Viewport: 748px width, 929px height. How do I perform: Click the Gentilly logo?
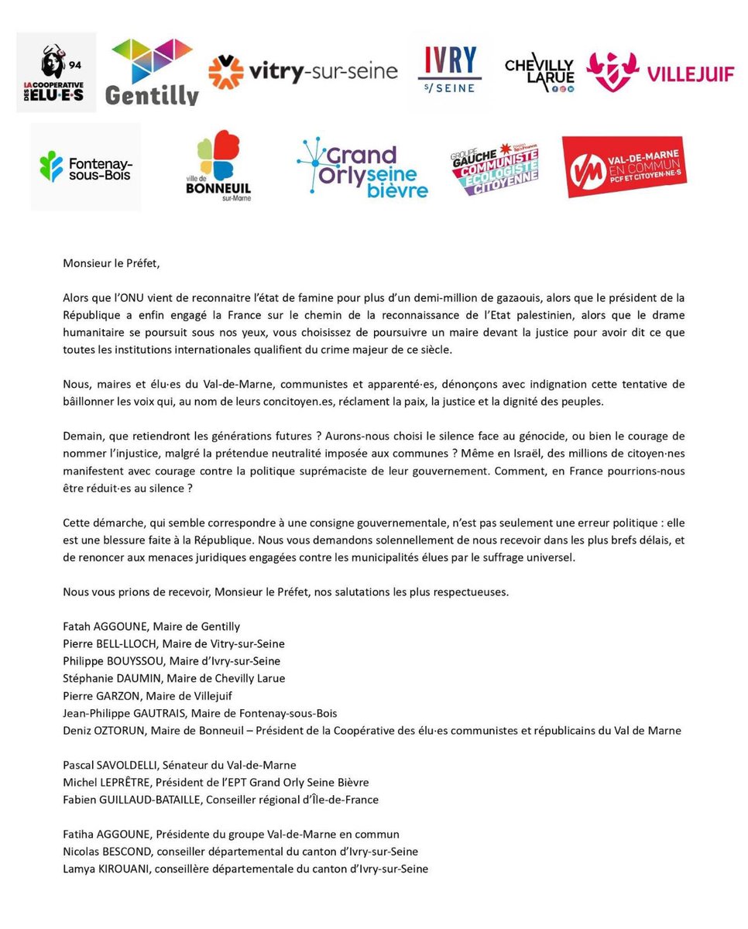154,71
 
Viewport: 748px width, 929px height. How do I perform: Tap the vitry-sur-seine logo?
303,73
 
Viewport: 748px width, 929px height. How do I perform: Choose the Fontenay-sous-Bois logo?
85,166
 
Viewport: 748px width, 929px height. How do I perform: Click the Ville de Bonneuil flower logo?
218,166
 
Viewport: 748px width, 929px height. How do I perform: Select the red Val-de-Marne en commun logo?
623,166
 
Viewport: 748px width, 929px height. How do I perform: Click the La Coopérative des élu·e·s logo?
56,72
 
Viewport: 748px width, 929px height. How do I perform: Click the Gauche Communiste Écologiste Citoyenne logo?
494,168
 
